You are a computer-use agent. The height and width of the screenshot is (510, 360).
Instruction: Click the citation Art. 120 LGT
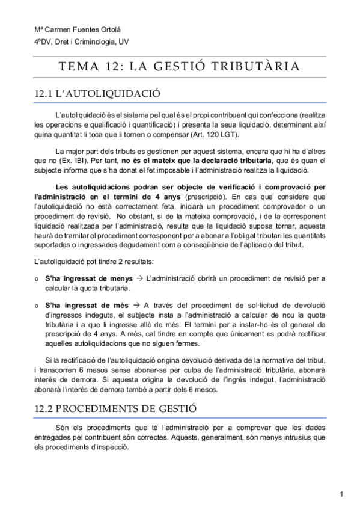[x=217, y=134]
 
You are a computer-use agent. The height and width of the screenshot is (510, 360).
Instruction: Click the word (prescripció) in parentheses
[x=206, y=196]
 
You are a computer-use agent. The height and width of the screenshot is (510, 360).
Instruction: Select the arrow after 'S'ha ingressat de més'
[x=136, y=305]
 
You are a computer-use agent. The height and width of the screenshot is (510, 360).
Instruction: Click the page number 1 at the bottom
[x=341, y=494]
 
